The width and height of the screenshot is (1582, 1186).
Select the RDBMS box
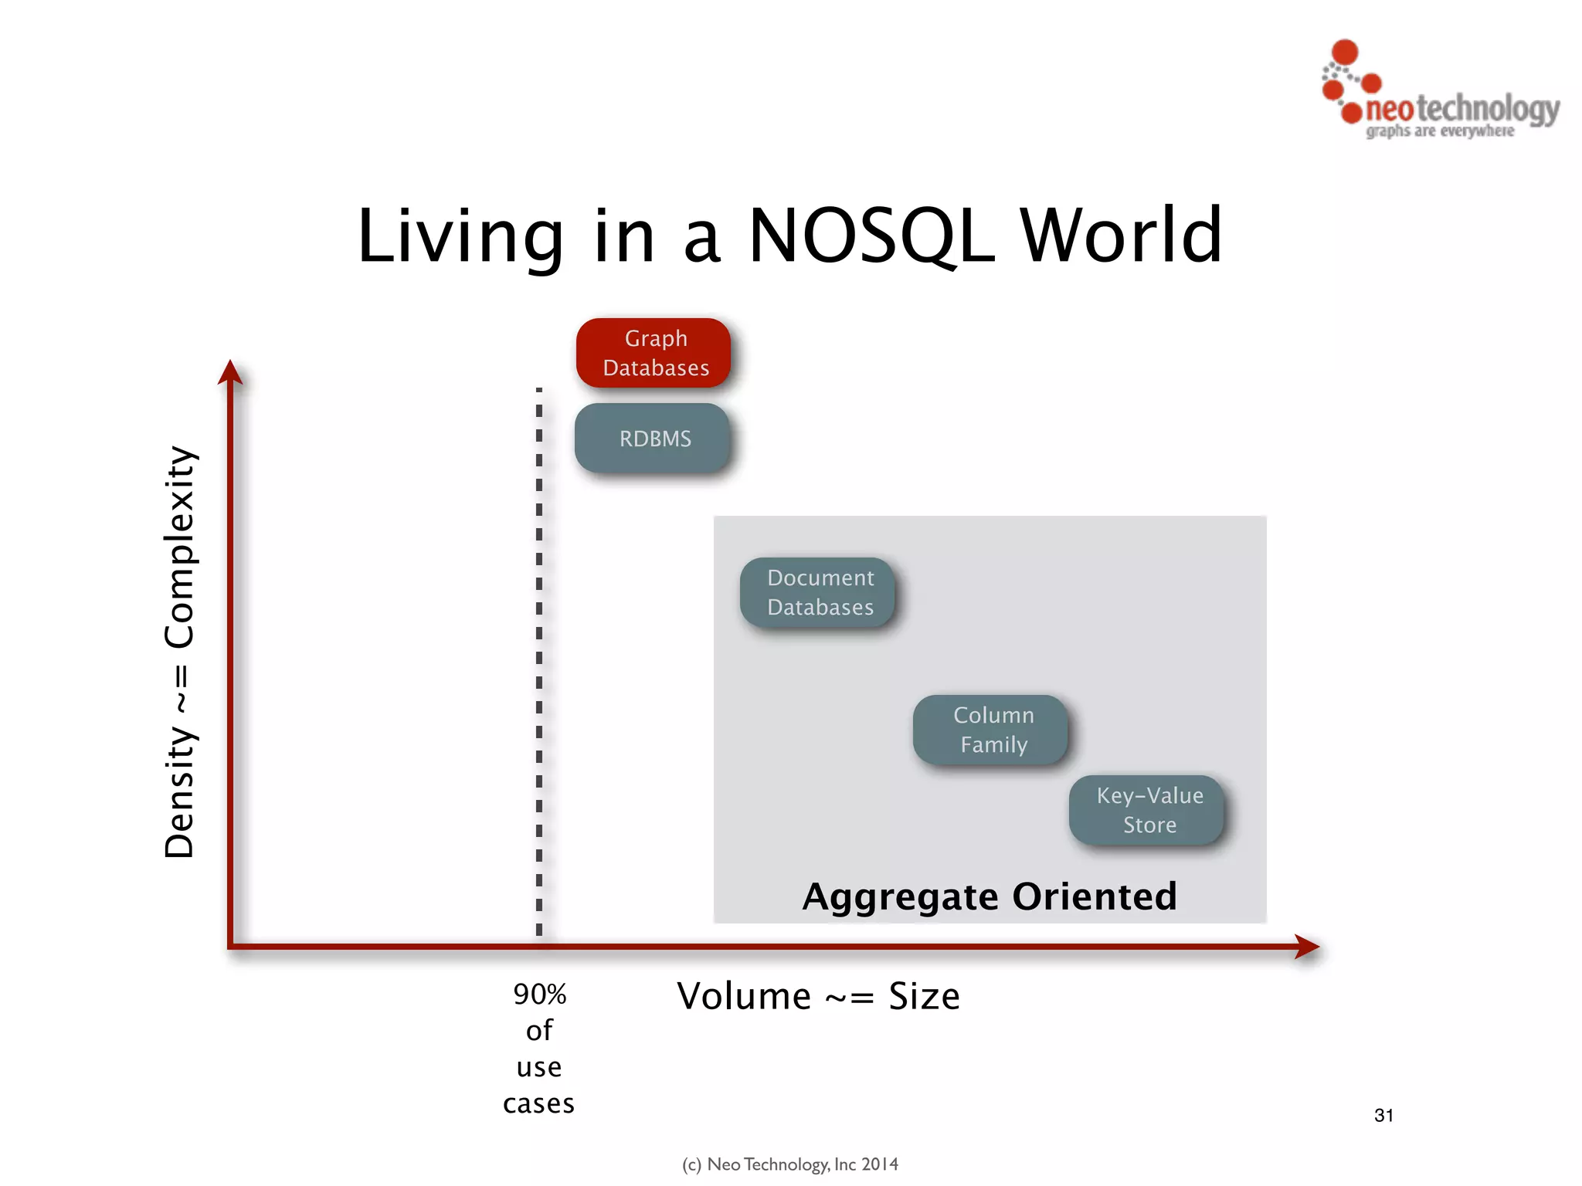click(654, 438)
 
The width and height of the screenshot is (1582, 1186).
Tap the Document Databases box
click(819, 592)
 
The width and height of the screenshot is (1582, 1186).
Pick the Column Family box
click(992, 730)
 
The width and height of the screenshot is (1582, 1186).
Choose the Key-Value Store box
click(1148, 810)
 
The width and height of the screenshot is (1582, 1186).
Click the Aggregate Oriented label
click(990, 896)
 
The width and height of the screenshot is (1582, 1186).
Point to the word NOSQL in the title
click(872, 236)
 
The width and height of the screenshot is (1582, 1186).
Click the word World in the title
click(1122, 236)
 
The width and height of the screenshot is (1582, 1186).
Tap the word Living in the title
click(460, 236)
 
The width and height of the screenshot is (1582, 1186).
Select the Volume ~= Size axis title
click(818, 996)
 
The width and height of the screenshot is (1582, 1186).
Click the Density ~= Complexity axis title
click(179, 652)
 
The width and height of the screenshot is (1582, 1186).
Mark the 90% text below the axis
click(539, 995)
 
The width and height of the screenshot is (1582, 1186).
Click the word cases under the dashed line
click(538, 1104)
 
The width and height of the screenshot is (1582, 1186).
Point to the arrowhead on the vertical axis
click(230, 372)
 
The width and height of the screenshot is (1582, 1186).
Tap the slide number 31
click(1383, 1115)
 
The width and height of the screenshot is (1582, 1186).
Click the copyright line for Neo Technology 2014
click(790, 1164)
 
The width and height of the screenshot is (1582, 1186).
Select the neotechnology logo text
click(1462, 109)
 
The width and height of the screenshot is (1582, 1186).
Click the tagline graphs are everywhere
click(1440, 131)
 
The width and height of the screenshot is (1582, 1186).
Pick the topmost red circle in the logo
click(1345, 52)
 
